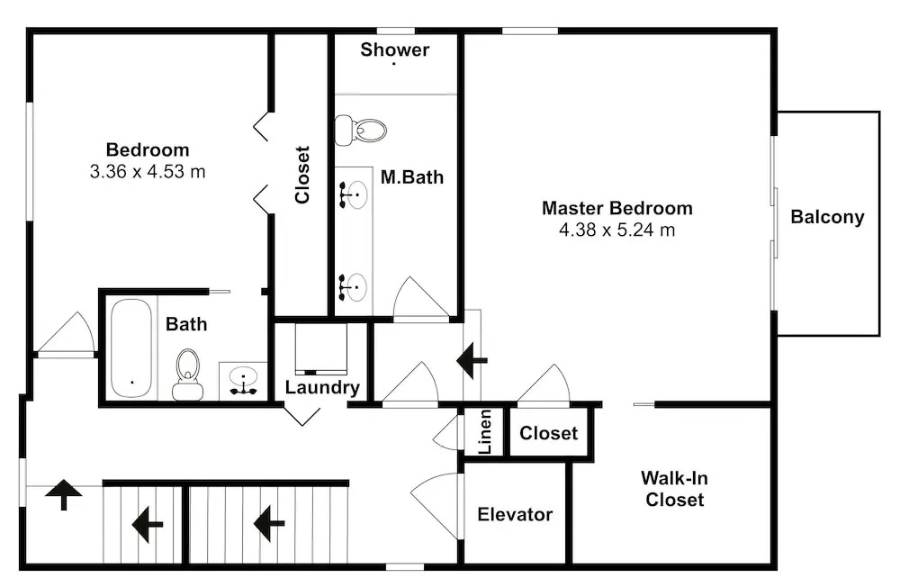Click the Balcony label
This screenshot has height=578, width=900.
coord(827,217)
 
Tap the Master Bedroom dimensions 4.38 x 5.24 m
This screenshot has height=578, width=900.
coord(616,230)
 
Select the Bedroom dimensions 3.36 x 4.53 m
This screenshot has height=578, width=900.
coord(148,171)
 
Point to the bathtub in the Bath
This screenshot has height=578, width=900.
coord(132,348)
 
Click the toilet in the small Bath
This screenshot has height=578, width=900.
coord(188,374)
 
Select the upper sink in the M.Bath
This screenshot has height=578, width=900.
coord(354,193)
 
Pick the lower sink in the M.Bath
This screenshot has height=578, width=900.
coord(354,285)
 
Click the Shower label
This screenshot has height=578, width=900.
coord(395,50)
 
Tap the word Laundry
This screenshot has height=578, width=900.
coord(322,388)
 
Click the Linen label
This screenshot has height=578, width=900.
coord(485,432)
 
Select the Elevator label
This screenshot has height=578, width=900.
coord(515,515)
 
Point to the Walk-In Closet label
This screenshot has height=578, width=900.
coord(674,489)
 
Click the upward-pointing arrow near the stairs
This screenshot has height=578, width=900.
coord(64,493)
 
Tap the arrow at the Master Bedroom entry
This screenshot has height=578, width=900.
coord(472,360)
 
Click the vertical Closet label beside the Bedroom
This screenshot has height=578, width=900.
coord(302,175)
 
